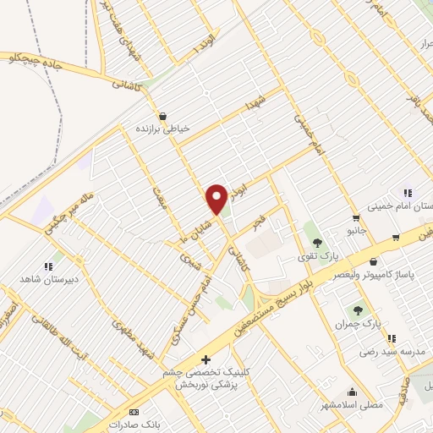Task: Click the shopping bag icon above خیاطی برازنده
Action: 162,117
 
